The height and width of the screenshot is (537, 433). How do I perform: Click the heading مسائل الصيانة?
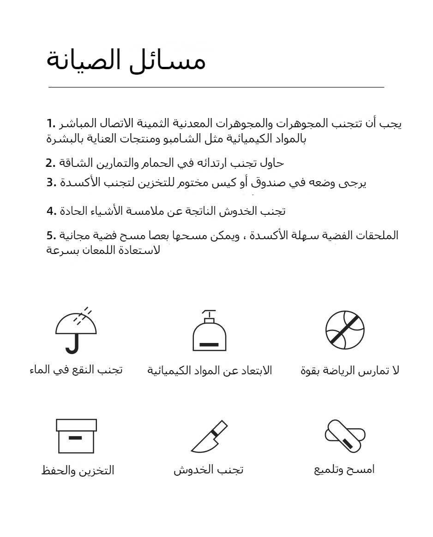tap(126, 61)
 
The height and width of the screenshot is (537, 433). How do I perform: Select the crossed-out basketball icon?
tap(345, 330)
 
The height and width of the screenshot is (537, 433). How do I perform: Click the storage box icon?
tap(76, 436)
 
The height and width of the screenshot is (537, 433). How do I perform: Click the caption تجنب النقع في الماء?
tap(76, 370)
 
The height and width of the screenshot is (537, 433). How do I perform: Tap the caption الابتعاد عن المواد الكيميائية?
tap(210, 370)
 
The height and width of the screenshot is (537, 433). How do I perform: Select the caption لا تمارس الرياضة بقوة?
tap(349, 370)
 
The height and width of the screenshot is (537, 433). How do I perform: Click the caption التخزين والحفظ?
tap(78, 471)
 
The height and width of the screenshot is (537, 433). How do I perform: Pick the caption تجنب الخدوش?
tap(209, 470)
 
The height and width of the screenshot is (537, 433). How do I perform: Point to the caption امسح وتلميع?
tap(344, 470)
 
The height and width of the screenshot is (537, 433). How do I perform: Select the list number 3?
tap(51, 183)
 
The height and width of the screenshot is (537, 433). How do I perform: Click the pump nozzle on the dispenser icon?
tap(209, 313)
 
